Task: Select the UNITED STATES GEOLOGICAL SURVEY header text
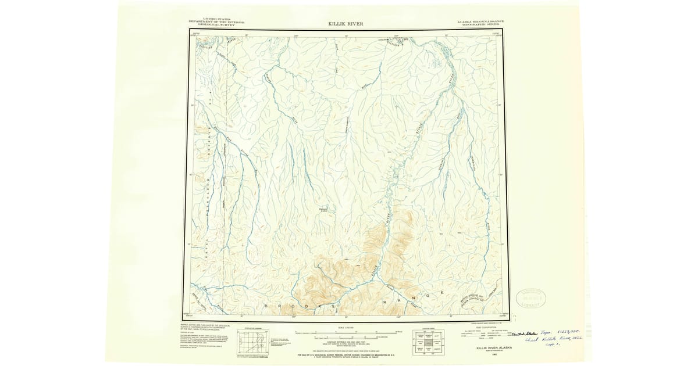216,22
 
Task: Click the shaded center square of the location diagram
429,343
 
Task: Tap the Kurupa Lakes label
325,210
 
